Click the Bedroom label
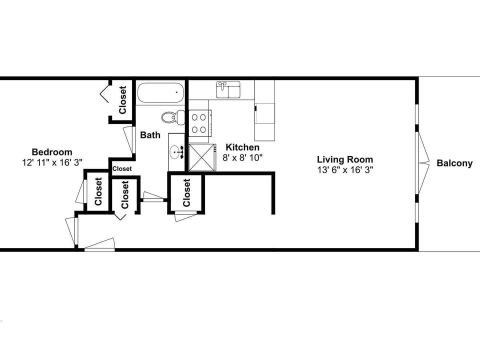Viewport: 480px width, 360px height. [52, 152]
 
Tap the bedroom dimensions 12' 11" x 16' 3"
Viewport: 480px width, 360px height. [52, 162]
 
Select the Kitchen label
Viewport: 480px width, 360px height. [242, 147]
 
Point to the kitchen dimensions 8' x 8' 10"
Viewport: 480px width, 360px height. [242, 157]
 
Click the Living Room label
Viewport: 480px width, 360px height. [344, 159]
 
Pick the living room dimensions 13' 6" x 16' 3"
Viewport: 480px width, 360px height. [344, 169]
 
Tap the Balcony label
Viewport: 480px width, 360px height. [454, 163]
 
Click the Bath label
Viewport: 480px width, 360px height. [150, 135]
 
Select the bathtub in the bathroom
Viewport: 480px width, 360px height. [160, 92]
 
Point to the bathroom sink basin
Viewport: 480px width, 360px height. [176, 151]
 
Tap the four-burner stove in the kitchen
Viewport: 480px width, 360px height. [198, 123]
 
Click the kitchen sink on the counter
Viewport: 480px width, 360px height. [227, 90]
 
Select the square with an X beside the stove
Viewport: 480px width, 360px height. [202, 157]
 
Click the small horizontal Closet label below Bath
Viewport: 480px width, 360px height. [122, 169]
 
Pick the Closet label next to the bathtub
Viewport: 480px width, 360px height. [122, 99]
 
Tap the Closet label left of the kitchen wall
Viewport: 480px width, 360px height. [186, 193]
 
